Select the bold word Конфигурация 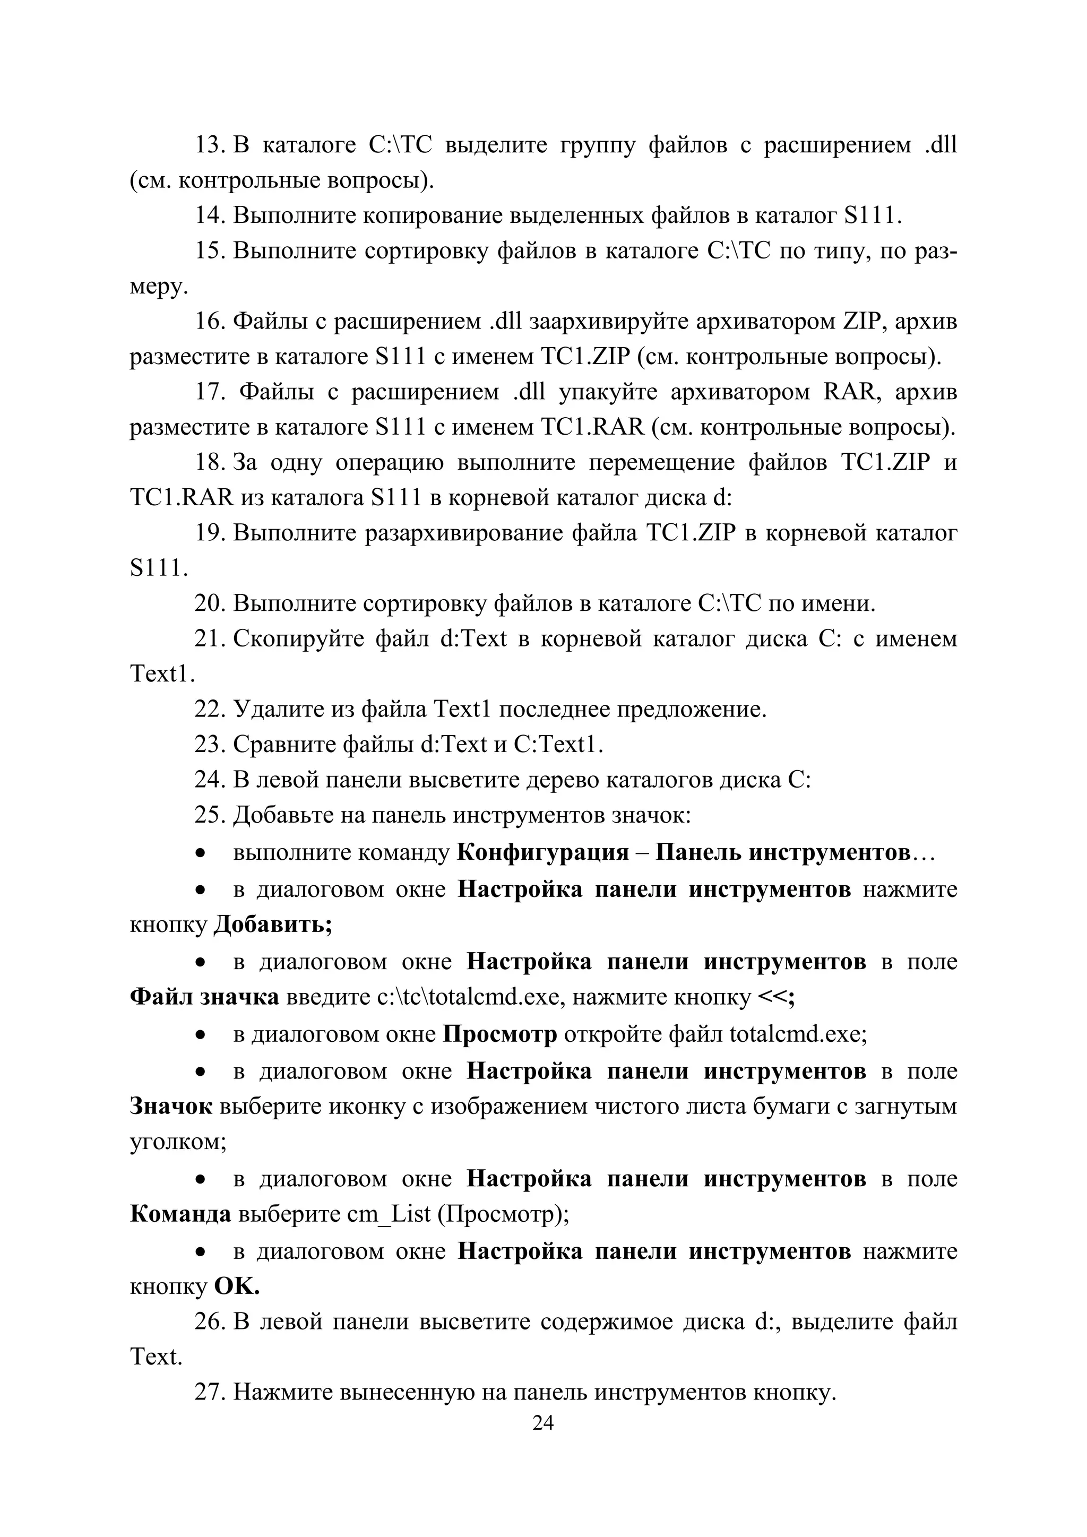click(x=543, y=852)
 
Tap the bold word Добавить click(x=272, y=925)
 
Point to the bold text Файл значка click(x=204, y=997)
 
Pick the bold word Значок click(x=171, y=1106)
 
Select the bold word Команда click(x=180, y=1214)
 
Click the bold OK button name click(x=236, y=1286)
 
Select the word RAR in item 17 click(x=849, y=392)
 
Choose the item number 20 click(x=210, y=604)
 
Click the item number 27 click(x=210, y=1393)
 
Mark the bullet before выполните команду click(x=200, y=853)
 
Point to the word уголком click(x=178, y=1142)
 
